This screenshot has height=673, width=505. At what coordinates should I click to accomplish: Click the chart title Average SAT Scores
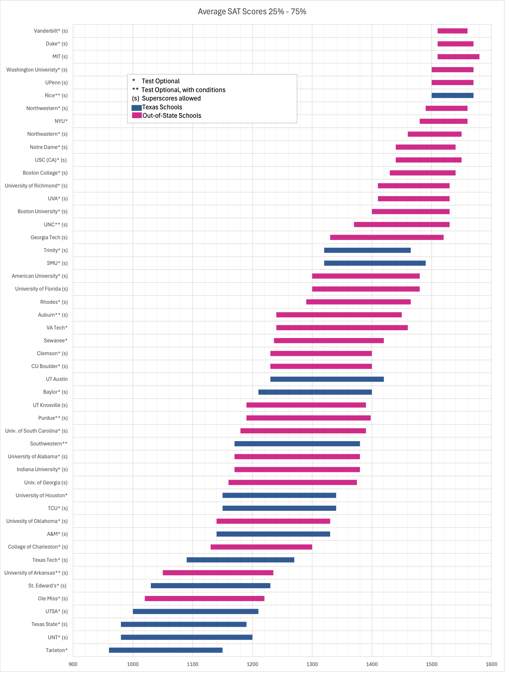[x=252, y=12]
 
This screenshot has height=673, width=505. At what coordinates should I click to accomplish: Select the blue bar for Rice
[x=452, y=95]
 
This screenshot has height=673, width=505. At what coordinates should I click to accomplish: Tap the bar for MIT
[x=458, y=57]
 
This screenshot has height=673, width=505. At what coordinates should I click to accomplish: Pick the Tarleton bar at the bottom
[x=166, y=650]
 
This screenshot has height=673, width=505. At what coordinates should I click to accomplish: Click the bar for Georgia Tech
[x=387, y=237]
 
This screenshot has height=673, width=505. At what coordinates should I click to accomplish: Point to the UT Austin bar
[x=327, y=379]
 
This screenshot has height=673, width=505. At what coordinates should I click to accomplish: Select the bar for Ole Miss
[x=204, y=599]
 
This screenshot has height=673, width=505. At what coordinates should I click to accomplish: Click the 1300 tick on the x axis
[x=312, y=664]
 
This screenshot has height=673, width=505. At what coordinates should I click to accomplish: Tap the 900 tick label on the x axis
[x=73, y=664]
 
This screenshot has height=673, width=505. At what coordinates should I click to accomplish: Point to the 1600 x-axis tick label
[x=491, y=664]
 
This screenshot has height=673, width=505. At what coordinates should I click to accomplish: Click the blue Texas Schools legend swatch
[x=137, y=108]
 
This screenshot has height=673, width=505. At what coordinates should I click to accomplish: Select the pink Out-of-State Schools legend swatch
[x=137, y=116]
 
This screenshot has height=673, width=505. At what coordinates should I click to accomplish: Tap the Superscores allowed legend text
[x=171, y=98]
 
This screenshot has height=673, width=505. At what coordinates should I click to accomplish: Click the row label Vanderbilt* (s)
[x=51, y=31]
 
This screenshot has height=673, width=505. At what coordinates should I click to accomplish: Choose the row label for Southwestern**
[x=49, y=444]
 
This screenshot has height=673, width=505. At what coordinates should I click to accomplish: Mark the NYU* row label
[x=61, y=121]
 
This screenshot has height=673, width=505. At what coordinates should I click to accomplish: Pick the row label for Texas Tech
[x=50, y=560]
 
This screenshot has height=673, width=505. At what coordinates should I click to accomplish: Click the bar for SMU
[x=375, y=263]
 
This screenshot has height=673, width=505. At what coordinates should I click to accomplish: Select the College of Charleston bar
[x=261, y=547]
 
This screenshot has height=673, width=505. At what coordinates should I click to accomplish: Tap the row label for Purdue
[x=53, y=418]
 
